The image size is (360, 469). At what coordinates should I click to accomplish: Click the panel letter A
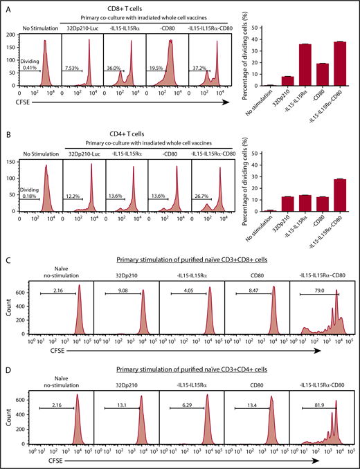coord(6,6)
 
